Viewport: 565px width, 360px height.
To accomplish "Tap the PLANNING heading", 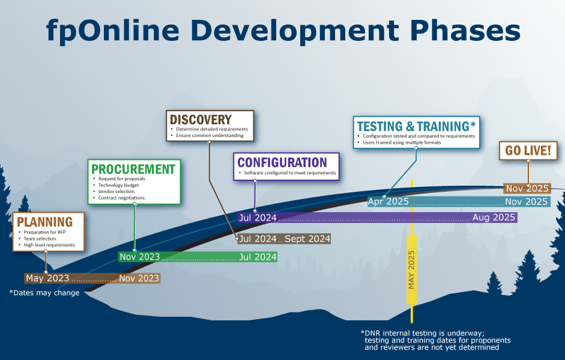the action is tap(44, 222).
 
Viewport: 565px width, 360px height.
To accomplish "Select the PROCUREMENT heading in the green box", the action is tap(133, 169).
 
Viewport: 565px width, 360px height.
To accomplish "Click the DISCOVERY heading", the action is tap(201, 119).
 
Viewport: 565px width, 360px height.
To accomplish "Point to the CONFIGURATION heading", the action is tap(282, 163).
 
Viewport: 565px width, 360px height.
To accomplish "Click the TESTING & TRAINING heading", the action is tap(416, 127).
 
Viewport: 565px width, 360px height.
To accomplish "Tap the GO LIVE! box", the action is tap(528, 151).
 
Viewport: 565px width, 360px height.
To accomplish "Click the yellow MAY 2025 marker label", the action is tap(411, 270).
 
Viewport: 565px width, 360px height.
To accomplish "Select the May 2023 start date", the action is tap(47, 278).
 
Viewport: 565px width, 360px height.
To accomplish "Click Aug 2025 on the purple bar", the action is tap(494, 217).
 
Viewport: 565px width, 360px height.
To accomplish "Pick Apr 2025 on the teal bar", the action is tap(388, 202).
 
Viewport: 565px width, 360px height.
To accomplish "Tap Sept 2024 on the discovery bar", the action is tap(307, 239).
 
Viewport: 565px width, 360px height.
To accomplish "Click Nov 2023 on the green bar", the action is tap(140, 257).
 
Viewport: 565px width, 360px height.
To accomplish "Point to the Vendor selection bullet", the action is tap(116, 191).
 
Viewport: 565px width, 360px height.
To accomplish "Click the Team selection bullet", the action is tap(40, 239).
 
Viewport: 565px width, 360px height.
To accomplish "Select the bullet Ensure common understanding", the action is tap(210, 136).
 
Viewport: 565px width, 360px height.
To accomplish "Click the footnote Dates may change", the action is tap(44, 293).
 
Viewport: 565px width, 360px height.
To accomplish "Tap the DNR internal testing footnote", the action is tap(436, 340).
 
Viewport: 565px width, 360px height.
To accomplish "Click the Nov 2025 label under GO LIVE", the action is tap(527, 188).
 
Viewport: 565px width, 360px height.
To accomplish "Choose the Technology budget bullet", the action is tap(118, 185).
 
